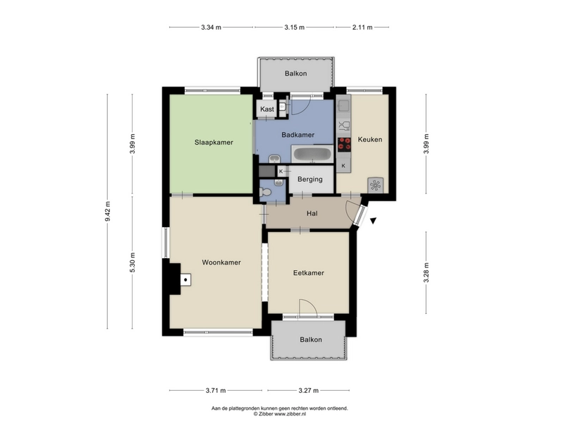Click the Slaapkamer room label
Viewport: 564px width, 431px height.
[214, 142]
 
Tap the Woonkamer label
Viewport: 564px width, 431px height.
[221, 262]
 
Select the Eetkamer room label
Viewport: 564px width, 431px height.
[309, 273]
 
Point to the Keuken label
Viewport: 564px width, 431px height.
[369, 140]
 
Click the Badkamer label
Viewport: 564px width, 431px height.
[298, 135]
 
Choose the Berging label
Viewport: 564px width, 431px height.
[310, 179]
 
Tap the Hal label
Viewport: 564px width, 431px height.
[312, 214]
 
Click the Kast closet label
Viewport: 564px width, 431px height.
[267, 109]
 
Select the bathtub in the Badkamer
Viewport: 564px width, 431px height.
[312, 154]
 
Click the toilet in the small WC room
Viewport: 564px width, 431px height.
[265, 193]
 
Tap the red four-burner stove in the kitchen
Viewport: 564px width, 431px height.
[344, 144]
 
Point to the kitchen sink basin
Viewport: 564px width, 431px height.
[343, 105]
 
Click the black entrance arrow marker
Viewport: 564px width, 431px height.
[374, 221]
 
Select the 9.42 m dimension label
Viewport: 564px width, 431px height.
[108, 212]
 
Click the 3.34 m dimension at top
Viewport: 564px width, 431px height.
[211, 27]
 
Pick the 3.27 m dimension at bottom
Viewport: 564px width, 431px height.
[309, 390]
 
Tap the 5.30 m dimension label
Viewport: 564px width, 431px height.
[133, 262]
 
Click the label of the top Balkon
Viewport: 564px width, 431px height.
[295, 74]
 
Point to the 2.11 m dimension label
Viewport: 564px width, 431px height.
[362, 27]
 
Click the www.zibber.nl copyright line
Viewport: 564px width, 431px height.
[280, 414]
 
